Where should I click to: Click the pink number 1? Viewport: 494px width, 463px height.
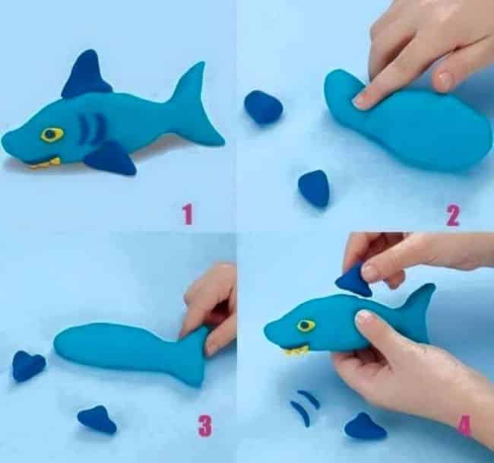click(188, 214)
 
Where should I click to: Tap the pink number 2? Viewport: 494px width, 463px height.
click(453, 216)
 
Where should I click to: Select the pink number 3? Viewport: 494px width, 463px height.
click(205, 426)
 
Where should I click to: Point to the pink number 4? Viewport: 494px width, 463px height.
click(464, 426)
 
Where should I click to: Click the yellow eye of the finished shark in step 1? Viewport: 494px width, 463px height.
click(52, 135)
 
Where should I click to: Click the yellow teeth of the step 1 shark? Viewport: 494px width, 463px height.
click(46, 164)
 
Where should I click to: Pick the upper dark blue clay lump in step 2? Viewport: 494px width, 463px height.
click(263, 106)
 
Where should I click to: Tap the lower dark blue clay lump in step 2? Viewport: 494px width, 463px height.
click(314, 188)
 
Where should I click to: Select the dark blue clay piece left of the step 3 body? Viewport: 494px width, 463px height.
click(28, 366)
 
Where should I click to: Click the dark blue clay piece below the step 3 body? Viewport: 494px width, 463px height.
click(97, 420)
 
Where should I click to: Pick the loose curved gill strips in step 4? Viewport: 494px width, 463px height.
click(304, 408)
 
